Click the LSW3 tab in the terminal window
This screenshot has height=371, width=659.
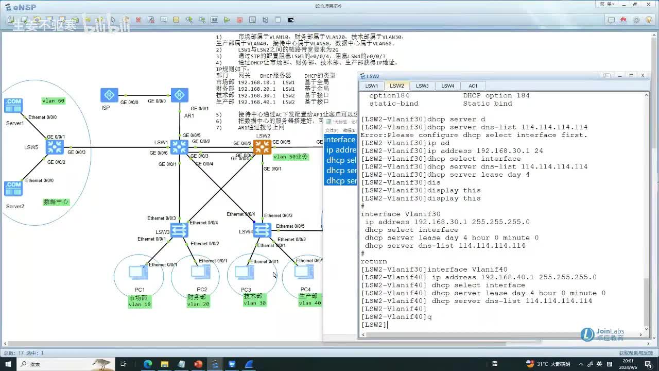pos(422,86)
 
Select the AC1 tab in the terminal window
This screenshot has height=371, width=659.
pos(473,86)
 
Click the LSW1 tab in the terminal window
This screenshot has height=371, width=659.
pos(372,86)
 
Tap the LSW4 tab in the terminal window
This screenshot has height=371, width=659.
pos(447,86)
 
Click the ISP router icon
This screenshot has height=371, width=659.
pos(109,95)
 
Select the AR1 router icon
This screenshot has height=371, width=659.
pos(179,95)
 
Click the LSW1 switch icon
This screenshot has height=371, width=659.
pos(179,147)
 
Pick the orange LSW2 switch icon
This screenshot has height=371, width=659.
pos(263,147)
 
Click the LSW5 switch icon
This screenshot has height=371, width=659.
pos(54,147)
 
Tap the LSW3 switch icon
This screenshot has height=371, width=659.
pos(179,230)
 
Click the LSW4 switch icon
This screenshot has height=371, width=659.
pos(263,230)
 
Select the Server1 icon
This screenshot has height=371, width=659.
pos(13,106)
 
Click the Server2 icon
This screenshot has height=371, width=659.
pos(13,189)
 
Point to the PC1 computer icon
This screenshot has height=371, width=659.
pos(137,272)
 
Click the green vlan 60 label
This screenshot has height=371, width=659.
pos(54,101)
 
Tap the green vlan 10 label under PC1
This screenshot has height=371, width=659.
pos(140,305)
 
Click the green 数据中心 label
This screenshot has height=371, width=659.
pos(56,202)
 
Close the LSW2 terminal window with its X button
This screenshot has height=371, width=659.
pos(643,76)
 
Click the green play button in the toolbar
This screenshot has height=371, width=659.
pos(227,20)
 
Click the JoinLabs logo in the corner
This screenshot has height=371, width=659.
pos(603,334)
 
